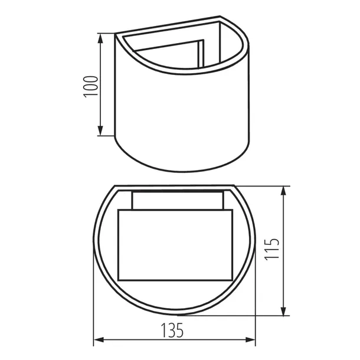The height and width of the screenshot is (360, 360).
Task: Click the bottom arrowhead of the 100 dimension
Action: [102, 132]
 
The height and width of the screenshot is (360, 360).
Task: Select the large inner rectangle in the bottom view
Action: [175, 244]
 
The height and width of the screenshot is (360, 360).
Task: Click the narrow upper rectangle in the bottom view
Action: [176, 200]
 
